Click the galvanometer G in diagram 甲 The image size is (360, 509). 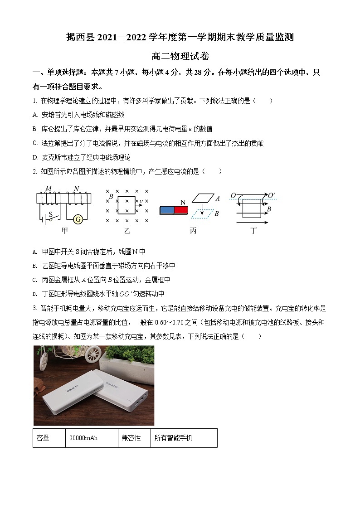[x=78, y=219]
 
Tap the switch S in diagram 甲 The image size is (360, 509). [x=51, y=215]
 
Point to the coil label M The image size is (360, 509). [x=49, y=189]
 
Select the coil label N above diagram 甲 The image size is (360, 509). [x=76, y=189]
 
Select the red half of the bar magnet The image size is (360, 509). [x=181, y=210]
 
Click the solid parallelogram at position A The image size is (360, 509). [x=203, y=198]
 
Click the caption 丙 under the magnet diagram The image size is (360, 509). [x=193, y=231]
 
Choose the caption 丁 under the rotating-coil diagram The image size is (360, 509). [x=253, y=231]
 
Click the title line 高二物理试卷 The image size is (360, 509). [x=180, y=57]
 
